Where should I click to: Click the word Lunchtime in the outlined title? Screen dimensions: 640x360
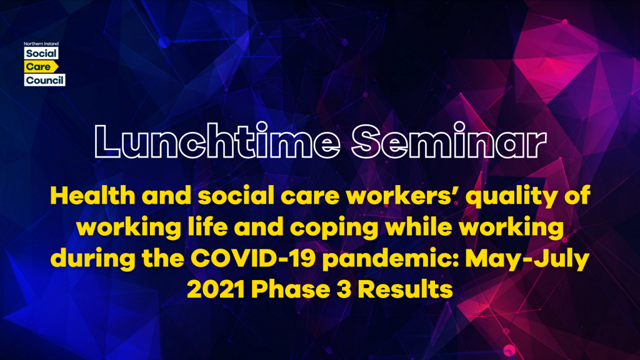[x=217, y=141]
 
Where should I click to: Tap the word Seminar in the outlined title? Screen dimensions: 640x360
[x=449, y=141]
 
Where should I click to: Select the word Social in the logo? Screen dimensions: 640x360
[x=41, y=54]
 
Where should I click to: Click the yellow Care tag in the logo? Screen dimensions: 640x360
[x=41, y=66]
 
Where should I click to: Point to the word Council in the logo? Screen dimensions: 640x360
[x=44, y=80]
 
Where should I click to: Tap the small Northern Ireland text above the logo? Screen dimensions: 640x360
[x=41, y=44]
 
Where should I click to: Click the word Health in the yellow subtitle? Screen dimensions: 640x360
[x=92, y=196]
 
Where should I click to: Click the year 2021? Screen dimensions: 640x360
[x=216, y=289]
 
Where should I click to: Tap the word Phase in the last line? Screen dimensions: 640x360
[x=290, y=289]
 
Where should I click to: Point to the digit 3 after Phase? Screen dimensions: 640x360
[x=344, y=289]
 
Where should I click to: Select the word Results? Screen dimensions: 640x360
[x=405, y=289]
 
